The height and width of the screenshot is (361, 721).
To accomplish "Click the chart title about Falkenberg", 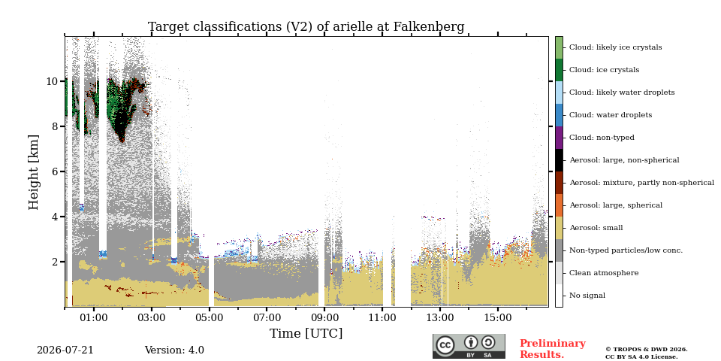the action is point(306,27).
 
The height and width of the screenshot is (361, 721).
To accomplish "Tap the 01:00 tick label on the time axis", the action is point(94,317).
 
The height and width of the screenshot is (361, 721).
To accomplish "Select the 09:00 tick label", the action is point(324,317).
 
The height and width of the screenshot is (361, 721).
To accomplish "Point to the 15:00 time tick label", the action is point(497,317).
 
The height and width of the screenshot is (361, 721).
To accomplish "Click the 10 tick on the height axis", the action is point(52,81).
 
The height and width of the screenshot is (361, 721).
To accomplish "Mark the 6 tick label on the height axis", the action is point(55,171).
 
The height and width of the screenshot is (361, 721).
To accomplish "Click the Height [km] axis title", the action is point(34,172).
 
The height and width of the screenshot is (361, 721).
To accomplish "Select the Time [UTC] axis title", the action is point(306,333).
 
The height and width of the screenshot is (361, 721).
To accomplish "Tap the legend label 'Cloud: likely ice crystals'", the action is point(616,47).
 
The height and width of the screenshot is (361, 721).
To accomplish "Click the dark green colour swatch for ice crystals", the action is point(559,70).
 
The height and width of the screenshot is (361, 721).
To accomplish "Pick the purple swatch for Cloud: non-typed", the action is point(559,138).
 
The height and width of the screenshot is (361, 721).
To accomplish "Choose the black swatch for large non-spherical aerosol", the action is point(559,160).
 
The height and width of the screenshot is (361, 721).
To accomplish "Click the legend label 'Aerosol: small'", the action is point(596,228).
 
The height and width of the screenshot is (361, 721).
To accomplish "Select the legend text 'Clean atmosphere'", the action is point(604,273).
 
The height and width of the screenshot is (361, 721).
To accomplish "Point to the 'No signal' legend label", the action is point(587,296).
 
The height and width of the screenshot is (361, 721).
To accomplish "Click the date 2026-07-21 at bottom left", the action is point(65,350).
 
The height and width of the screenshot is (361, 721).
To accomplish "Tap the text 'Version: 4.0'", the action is point(174,350).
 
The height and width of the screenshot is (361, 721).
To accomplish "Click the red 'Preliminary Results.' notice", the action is point(553,349).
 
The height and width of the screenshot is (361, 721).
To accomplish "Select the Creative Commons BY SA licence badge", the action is point(469,346).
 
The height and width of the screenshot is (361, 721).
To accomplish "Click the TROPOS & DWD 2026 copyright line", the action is point(647,350).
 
